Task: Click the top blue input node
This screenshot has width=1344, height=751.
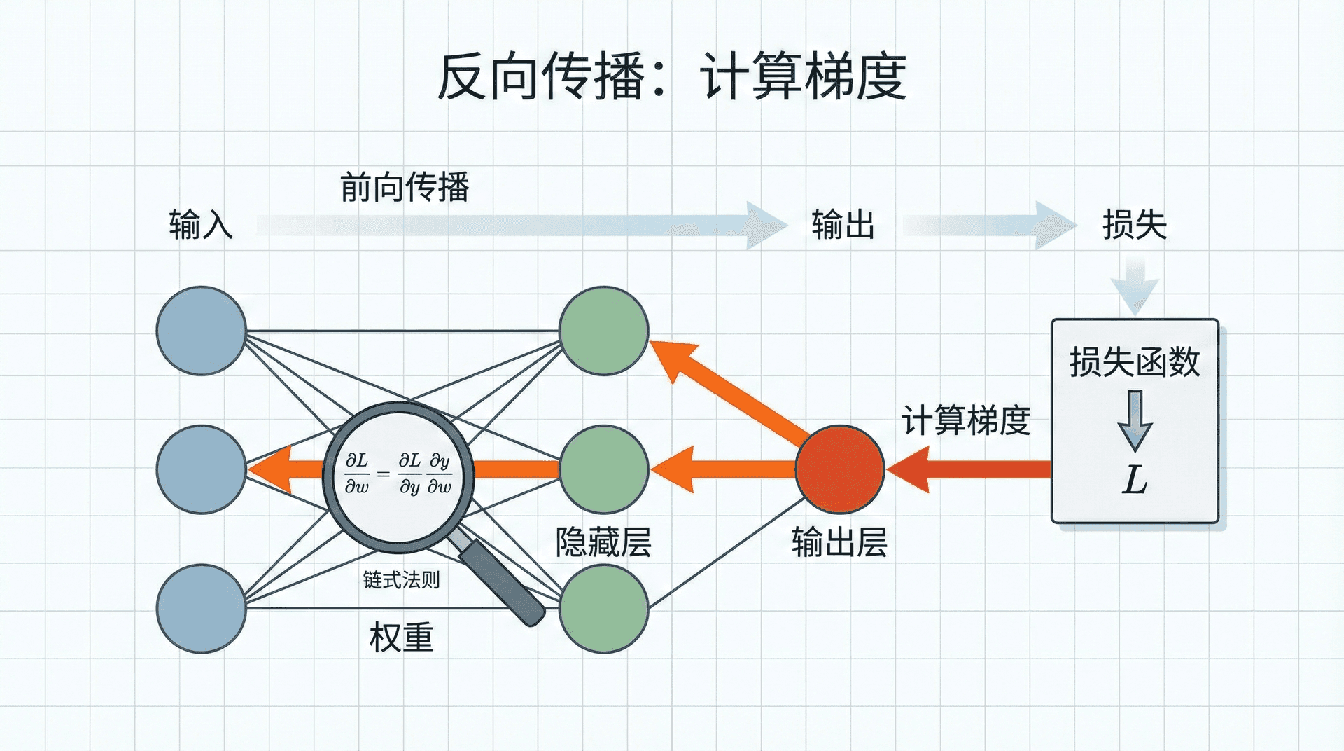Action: [202, 331]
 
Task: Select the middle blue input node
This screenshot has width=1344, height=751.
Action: [202, 469]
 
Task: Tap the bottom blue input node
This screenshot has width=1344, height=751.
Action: [202, 608]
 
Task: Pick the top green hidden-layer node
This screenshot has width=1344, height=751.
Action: [603, 331]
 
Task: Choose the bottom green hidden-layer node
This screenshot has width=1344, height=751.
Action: [603, 608]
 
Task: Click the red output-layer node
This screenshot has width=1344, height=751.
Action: [840, 469]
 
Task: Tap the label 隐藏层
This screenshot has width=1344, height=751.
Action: [603, 542]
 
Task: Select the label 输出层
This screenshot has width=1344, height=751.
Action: [840, 542]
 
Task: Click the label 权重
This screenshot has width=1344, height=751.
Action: [401, 638]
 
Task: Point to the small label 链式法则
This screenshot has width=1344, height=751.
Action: [401, 580]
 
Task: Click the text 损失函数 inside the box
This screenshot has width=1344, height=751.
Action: [1135, 362]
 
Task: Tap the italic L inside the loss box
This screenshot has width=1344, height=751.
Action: [1135, 481]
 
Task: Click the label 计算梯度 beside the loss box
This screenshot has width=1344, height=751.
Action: [966, 420]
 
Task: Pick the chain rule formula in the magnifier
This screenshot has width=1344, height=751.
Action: [398, 474]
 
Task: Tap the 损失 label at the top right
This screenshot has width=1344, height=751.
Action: [1135, 225]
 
